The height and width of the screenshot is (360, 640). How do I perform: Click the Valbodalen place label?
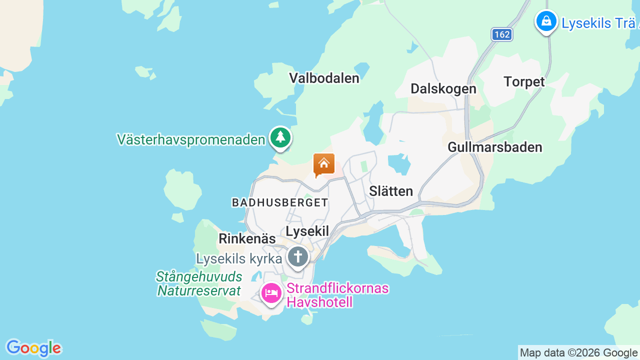[324, 78]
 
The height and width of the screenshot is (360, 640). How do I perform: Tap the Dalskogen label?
[443, 88]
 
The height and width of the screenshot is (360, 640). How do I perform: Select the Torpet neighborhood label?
[524, 81]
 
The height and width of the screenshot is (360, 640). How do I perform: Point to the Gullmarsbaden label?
[494, 147]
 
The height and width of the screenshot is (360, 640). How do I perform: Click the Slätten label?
[391, 191]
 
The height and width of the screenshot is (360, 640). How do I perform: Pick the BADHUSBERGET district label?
[280, 202]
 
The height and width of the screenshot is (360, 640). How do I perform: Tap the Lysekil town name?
[307, 231]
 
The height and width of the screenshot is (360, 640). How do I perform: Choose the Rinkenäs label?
[247, 238]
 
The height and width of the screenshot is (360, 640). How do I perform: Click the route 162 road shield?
[501, 34]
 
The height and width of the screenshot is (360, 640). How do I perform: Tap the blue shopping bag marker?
[546, 21]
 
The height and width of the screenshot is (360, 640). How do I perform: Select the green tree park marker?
[280, 137]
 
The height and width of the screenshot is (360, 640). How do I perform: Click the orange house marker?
[323, 164]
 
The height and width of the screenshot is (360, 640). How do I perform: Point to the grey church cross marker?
[298, 257]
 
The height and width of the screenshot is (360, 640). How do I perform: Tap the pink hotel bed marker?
[271, 293]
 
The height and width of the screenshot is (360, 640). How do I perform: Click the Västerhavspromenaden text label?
[190, 139]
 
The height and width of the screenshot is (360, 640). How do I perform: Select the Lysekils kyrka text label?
[239, 258]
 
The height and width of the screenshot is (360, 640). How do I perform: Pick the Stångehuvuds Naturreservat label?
[199, 283]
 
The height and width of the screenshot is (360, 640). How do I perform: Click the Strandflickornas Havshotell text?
[337, 295]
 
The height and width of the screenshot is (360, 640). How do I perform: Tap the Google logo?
[33, 348]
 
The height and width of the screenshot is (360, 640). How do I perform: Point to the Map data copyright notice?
[578, 353]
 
